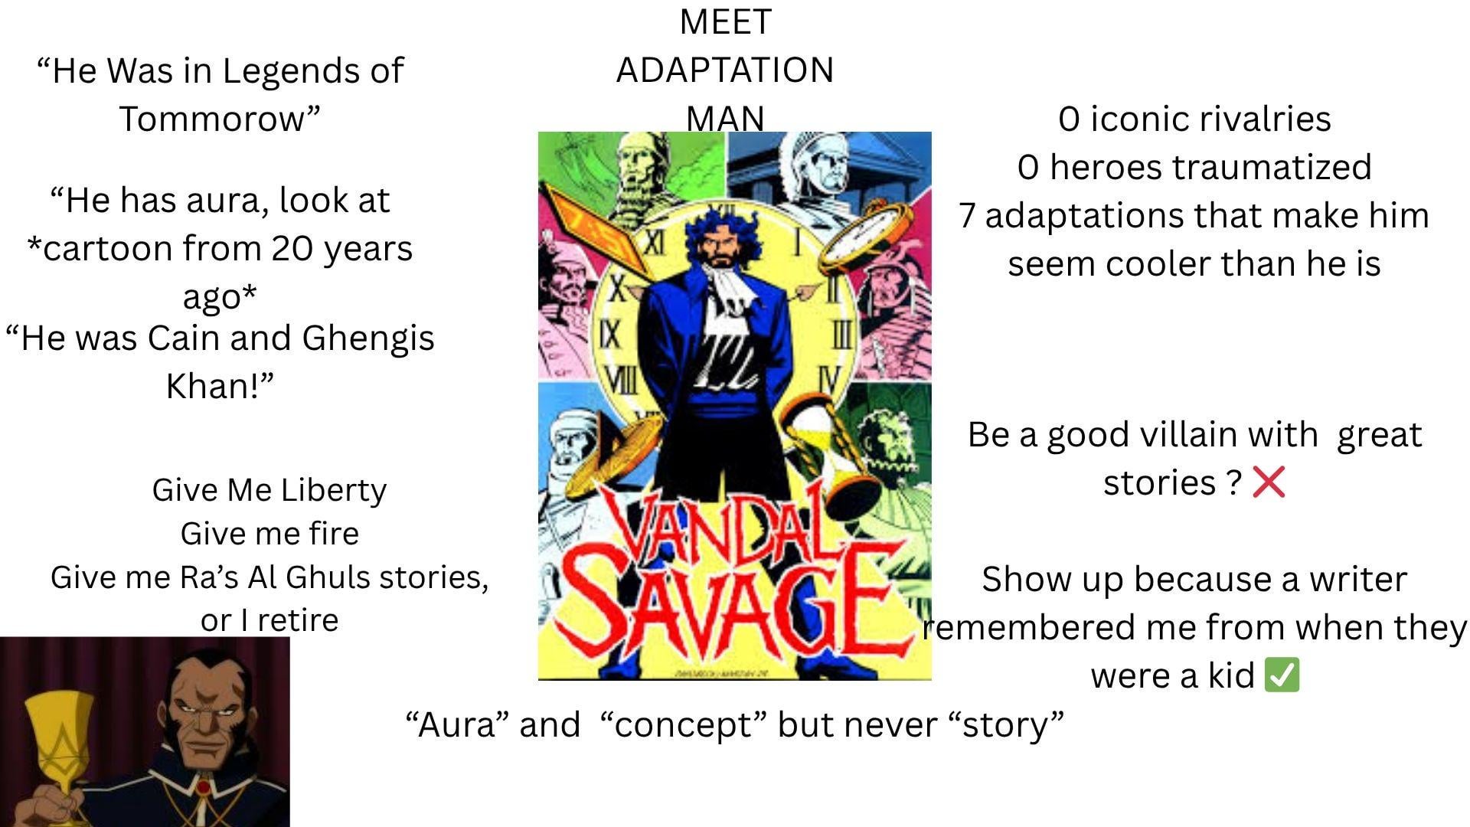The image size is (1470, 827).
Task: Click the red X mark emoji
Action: point(1269,482)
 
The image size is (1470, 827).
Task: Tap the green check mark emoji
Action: point(1282,675)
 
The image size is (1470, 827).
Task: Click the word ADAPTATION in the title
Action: point(724,70)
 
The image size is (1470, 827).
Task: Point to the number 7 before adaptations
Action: point(967,216)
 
